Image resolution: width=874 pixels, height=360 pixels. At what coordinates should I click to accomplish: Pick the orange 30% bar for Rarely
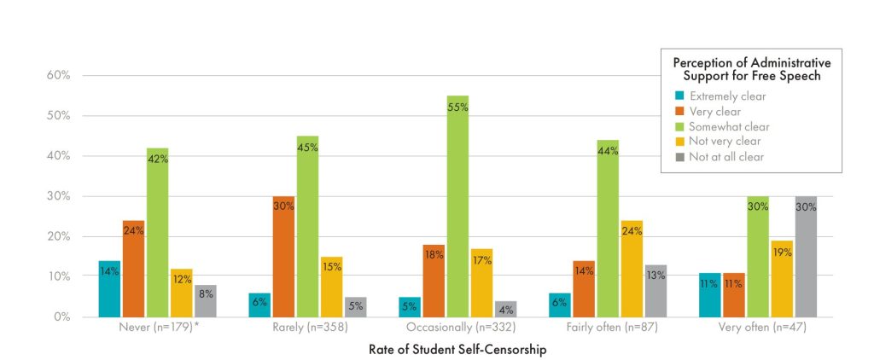pyautogui.click(x=283, y=257)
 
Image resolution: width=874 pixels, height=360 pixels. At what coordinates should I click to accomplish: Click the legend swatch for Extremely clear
pyautogui.click(x=679, y=96)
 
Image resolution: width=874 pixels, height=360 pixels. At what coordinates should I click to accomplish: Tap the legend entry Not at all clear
pyautogui.click(x=725, y=156)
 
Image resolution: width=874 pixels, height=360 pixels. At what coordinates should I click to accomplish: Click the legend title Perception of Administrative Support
pyautogui.click(x=751, y=69)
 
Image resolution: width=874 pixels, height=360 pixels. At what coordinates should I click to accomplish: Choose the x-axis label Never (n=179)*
pyautogui.click(x=158, y=327)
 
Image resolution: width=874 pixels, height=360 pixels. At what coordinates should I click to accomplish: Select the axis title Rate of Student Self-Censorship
pyautogui.click(x=457, y=350)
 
